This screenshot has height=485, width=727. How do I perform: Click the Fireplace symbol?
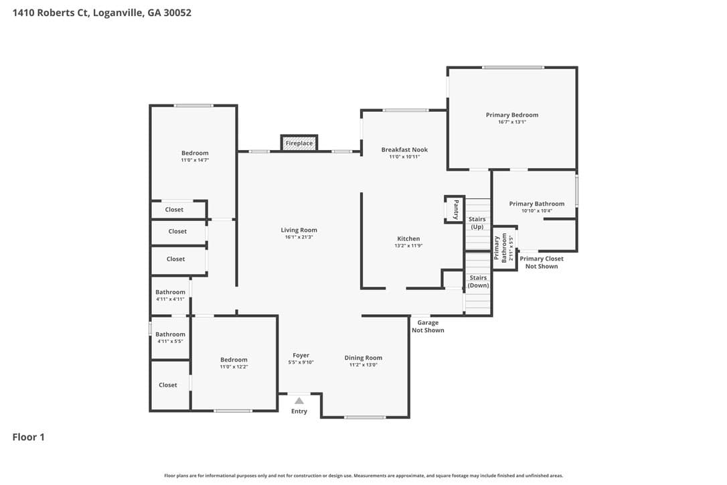(x=299, y=143)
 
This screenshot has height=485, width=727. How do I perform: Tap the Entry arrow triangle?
(x=299, y=401)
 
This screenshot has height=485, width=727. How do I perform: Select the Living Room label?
(x=299, y=230)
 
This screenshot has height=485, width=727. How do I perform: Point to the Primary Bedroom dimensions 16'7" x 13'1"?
(x=512, y=122)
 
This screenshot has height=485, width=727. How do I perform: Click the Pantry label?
(x=457, y=209)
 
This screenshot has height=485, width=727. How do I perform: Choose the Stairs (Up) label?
(x=477, y=223)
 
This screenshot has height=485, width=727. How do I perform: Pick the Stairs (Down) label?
(x=478, y=281)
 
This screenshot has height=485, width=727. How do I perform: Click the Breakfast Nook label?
(x=405, y=149)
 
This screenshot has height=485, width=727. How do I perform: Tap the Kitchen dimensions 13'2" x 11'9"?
(x=408, y=246)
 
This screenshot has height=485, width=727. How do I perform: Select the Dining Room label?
(x=363, y=357)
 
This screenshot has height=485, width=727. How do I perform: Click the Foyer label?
(x=301, y=355)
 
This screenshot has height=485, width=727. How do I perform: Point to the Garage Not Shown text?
(x=428, y=326)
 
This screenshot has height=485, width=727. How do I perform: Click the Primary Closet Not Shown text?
(x=542, y=262)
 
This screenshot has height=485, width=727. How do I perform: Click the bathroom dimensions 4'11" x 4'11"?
(x=170, y=299)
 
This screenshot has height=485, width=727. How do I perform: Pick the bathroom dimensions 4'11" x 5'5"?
(x=170, y=342)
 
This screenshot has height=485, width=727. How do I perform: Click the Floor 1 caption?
(x=28, y=437)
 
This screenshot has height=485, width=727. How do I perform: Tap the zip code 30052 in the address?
(x=177, y=13)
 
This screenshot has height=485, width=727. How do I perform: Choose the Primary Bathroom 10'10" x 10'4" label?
(x=537, y=207)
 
